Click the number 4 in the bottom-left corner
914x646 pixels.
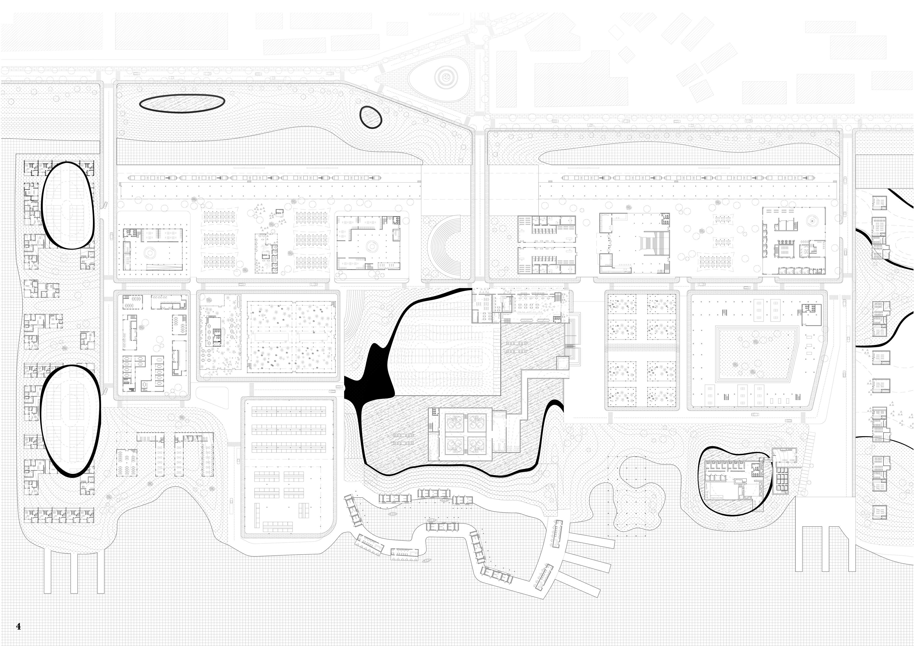[x=18, y=626]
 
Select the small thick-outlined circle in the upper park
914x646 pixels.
[x=370, y=117]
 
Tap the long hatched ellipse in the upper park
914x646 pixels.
[x=182, y=104]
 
